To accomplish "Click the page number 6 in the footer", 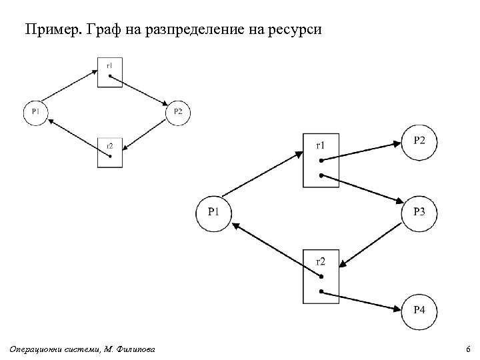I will pos(468,349).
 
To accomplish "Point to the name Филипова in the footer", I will pos(137,349).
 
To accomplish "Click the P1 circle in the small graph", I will pos(35,111).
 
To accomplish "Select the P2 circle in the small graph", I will pos(177,111).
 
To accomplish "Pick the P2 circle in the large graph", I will pos(419,141).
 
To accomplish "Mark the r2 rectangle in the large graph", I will pos(321,277).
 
